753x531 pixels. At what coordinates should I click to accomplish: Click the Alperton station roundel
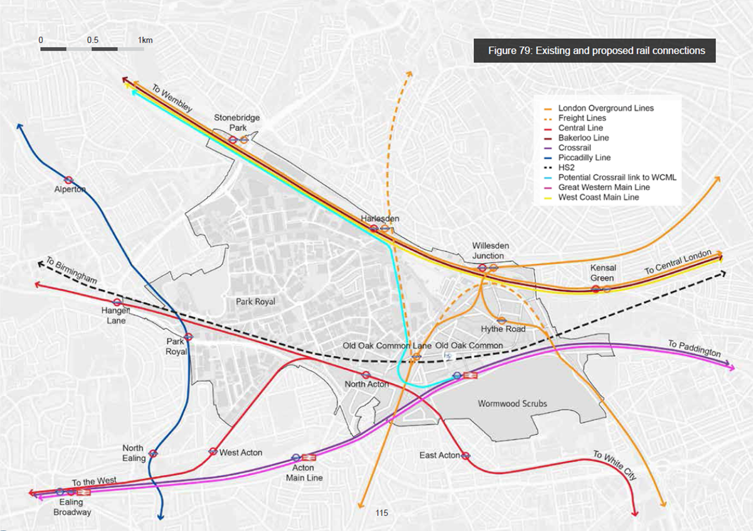click(x=69, y=180)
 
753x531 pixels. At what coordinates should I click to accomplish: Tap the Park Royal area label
click(x=255, y=301)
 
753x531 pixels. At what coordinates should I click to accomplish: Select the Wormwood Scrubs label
click(x=512, y=403)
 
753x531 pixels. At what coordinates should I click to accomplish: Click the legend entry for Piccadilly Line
click(x=584, y=158)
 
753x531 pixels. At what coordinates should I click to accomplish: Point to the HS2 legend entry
click(x=566, y=168)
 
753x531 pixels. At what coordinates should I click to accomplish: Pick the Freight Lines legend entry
click(x=582, y=118)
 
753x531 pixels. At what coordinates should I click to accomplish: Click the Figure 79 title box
click(x=594, y=51)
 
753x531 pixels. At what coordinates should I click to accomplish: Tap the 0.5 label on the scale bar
click(x=92, y=40)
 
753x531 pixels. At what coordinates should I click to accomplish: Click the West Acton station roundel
click(x=213, y=451)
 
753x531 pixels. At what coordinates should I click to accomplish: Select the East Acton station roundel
click(x=465, y=455)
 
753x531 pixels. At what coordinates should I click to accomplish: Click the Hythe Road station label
click(x=503, y=329)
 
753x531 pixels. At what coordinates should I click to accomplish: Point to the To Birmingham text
click(x=72, y=270)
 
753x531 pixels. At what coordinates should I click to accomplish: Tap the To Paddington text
click(x=694, y=348)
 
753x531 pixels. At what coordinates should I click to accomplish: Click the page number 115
click(x=382, y=513)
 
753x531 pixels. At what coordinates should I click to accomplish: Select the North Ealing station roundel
click(x=153, y=453)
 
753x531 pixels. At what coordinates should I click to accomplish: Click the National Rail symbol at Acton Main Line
click(x=309, y=457)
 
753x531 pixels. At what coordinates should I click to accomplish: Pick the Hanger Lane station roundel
click(x=117, y=302)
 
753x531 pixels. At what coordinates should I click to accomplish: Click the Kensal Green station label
click(x=602, y=273)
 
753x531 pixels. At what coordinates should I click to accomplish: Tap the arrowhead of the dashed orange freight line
click(x=409, y=73)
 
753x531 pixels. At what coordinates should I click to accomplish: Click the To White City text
click(x=615, y=465)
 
